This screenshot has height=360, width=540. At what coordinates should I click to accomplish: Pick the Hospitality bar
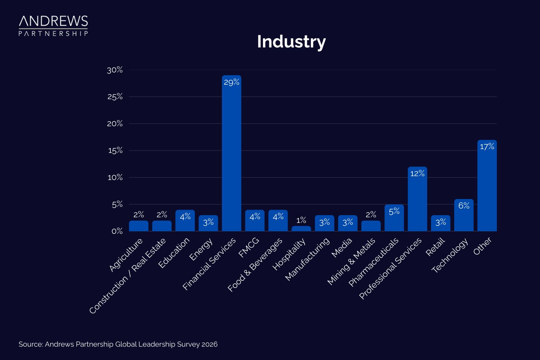click(301, 229)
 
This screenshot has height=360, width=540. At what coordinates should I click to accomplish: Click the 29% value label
click(231, 82)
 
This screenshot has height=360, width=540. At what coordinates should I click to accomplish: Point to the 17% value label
click(487, 147)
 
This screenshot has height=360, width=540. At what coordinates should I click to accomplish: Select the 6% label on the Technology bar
click(464, 206)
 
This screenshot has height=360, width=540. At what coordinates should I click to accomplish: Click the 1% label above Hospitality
click(301, 220)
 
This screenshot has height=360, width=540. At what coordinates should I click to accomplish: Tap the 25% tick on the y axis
click(115, 97)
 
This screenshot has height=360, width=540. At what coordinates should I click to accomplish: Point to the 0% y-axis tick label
click(117, 231)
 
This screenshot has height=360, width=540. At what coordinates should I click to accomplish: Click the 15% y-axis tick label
click(115, 150)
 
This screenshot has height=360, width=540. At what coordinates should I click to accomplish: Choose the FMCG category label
click(249, 247)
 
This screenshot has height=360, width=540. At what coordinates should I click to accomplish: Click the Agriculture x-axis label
click(126, 255)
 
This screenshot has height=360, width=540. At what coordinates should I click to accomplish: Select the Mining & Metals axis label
click(351, 261)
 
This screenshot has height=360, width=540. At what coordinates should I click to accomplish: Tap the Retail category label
click(435, 247)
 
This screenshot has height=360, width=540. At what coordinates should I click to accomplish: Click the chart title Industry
click(291, 41)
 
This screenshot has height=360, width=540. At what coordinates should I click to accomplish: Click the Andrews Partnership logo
click(53, 26)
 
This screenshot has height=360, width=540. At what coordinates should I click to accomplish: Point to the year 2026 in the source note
click(209, 344)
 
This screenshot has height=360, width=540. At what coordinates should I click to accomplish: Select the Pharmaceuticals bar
click(394, 218)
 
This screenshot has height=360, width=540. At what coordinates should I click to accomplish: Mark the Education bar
click(185, 220)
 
